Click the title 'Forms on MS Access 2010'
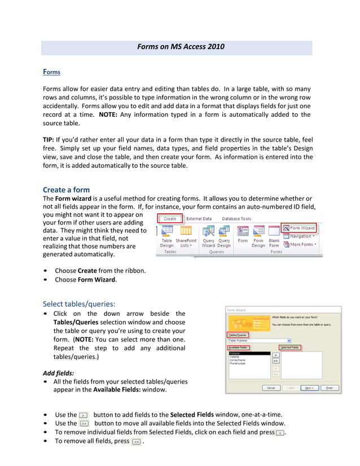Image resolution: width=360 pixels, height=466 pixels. (181, 47)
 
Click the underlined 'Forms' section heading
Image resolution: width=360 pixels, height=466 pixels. (51, 72)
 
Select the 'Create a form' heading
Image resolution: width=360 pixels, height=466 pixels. (66, 190)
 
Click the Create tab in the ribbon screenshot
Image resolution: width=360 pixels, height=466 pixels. (170, 218)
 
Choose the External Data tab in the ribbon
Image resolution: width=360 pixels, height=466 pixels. (199, 218)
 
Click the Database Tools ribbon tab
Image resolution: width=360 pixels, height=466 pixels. (236, 218)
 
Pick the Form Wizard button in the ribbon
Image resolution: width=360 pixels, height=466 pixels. (298, 228)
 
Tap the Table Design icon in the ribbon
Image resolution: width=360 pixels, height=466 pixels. (167, 236)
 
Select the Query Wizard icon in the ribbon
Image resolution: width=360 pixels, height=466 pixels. (208, 236)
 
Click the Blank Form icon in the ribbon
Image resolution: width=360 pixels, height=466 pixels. (274, 236)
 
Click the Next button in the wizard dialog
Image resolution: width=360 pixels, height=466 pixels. (308, 388)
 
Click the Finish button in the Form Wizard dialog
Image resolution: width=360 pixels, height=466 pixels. (329, 388)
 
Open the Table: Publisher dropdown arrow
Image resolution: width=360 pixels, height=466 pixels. (289, 341)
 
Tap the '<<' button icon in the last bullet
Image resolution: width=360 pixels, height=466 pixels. (136, 442)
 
